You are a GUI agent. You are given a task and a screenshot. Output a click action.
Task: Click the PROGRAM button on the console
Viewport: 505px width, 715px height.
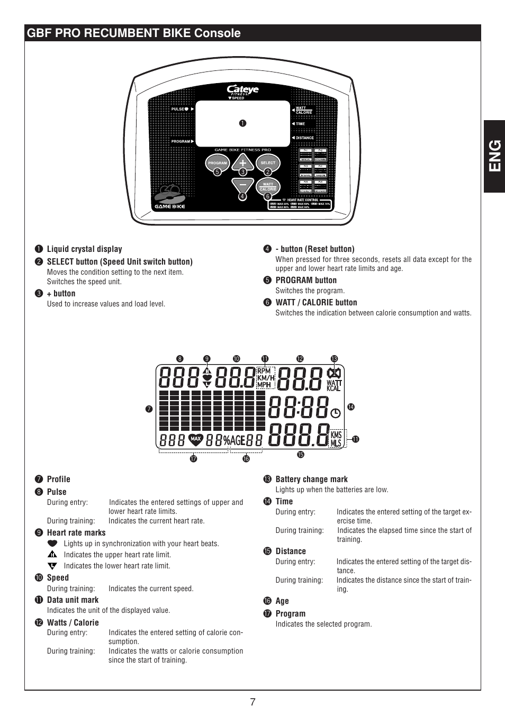(217, 162)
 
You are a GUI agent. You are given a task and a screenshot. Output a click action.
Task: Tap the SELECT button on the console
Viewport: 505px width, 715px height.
(268, 162)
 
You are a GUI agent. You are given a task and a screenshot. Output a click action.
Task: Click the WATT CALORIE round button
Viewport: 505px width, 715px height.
(268, 186)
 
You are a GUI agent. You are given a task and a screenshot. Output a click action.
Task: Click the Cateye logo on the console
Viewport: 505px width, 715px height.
(242, 90)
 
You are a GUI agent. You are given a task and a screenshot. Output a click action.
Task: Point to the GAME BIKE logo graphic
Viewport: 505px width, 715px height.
(170, 198)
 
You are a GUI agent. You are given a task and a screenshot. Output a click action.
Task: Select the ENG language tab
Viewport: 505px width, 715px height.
(494, 156)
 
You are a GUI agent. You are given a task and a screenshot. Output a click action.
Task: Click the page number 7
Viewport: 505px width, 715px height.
(253, 702)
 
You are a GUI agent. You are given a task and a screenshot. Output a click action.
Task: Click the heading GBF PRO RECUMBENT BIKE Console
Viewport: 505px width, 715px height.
(133, 33)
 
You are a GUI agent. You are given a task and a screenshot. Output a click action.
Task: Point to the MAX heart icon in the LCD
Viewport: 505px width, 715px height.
(196, 439)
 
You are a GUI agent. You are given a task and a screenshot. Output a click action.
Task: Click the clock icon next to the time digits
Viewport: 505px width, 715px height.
(336, 412)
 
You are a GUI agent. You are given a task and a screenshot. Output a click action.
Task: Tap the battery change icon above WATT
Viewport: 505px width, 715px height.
(334, 373)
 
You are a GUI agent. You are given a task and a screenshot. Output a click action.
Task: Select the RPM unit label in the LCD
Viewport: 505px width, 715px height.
(264, 371)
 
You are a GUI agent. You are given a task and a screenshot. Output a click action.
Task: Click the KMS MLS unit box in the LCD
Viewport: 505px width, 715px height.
(336, 439)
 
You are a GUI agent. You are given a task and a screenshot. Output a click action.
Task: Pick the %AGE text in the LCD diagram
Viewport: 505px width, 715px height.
(234, 440)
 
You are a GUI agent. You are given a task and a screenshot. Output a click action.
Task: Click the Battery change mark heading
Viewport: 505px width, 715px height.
(311, 479)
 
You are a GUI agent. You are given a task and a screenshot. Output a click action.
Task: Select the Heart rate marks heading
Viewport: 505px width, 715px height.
(76, 532)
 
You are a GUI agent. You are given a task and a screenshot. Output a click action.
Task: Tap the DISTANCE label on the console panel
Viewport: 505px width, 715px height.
(304, 138)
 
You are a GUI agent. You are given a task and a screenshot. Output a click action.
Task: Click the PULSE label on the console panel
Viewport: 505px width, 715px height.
(177, 109)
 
